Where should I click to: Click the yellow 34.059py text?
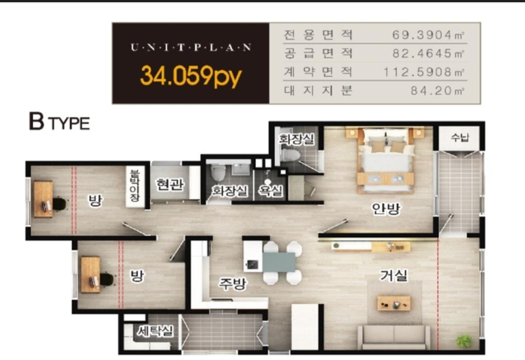pyautogui.click(x=191, y=76)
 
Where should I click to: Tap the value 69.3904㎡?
pyautogui.click(x=428, y=34)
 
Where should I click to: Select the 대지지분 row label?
pyautogui.click(x=318, y=90)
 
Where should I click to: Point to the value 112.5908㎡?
pyautogui.click(x=423, y=72)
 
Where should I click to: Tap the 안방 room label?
pyautogui.click(x=386, y=209)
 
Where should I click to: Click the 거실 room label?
pyautogui.click(x=394, y=275)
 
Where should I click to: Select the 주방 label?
pyautogui.click(x=233, y=284)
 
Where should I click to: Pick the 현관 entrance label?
pyautogui.click(x=170, y=184)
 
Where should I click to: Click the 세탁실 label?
pyautogui.click(x=155, y=331)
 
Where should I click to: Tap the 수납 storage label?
pyautogui.click(x=460, y=137)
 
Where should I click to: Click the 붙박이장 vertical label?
pyautogui.click(x=135, y=185)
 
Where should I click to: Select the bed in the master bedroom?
pyautogui.click(x=386, y=160)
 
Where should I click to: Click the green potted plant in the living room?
pyautogui.click(x=464, y=341)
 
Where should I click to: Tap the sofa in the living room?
pyautogui.click(x=394, y=337)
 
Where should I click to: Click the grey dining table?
pyautogui.click(x=279, y=262)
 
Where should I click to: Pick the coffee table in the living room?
pyautogui.click(x=394, y=303)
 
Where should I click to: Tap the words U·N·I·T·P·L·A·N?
pyautogui.click(x=191, y=47)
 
